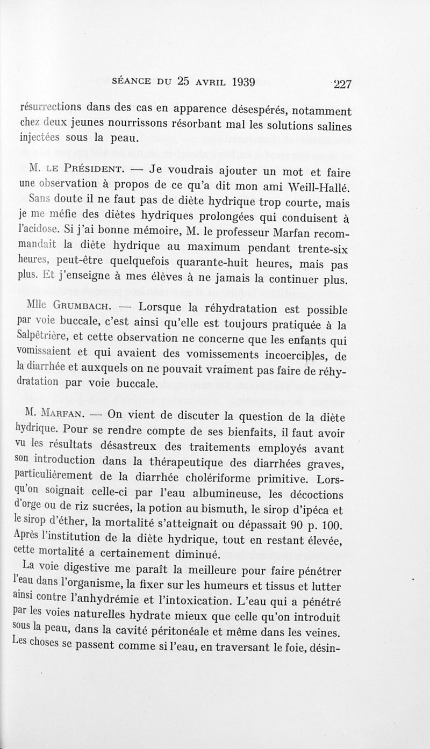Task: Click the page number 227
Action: (x=342, y=84)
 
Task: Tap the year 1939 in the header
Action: (x=236, y=82)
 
